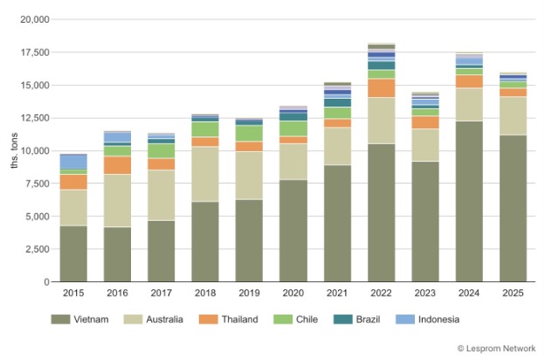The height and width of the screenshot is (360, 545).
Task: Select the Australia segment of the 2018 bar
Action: click(205, 174)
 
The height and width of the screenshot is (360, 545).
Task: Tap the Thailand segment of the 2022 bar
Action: click(381, 87)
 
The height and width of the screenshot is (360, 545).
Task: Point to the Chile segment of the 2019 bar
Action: click(249, 133)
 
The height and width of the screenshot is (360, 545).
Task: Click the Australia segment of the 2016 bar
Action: click(117, 200)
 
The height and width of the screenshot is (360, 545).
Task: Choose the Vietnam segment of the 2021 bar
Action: click(337, 223)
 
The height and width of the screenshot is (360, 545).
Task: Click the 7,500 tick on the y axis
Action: click(36, 183)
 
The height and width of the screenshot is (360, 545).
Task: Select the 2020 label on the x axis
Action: click(293, 293)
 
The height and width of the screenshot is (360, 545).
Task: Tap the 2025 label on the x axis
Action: click(513, 293)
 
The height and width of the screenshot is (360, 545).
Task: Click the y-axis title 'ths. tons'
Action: click(13, 150)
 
